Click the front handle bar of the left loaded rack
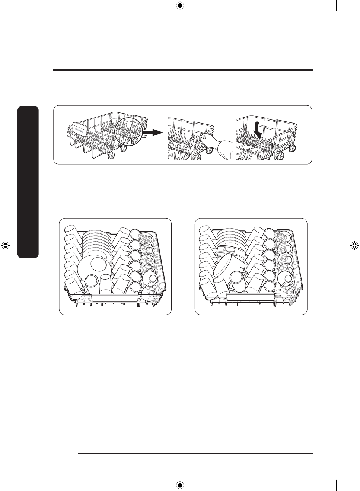[x=115, y=297]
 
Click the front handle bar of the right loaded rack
[x=251, y=297]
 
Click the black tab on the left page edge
[x=28, y=182]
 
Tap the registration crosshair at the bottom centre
[x=180, y=485]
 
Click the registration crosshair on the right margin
[x=354, y=245]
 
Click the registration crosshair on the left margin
[x=6, y=245]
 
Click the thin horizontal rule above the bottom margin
[x=196, y=453]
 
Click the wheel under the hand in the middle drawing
[x=209, y=150]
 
